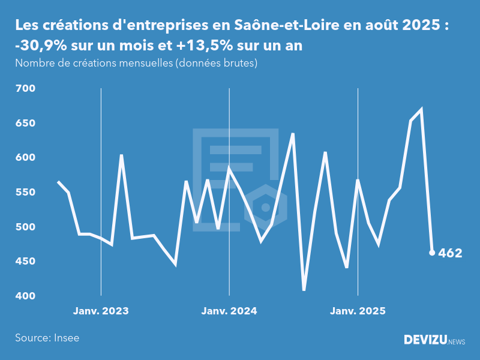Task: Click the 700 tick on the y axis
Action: pyautogui.click(x=26, y=89)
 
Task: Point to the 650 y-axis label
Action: pyautogui.click(x=26, y=124)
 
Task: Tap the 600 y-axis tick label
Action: pyautogui.click(x=26, y=158)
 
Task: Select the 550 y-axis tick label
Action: pyautogui.click(x=26, y=193)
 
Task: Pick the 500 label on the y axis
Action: pyautogui.click(x=26, y=227)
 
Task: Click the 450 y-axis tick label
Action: pyautogui.click(x=26, y=262)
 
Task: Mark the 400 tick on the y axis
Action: pyautogui.click(x=26, y=296)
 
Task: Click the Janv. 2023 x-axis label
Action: pyautogui.click(x=101, y=311)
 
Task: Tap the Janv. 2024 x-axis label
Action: pyautogui.click(x=229, y=311)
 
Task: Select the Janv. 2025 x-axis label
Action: pyautogui.click(x=358, y=311)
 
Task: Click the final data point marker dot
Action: pyautogui.click(x=432, y=253)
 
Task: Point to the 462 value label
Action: pyautogui.click(x=450, y=253)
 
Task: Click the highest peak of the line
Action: pyautogui.click(x=421, y=109)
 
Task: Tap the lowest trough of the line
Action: pyautogui.click(x=304, y=290)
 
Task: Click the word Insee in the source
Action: pyautogui.click(x=67, y=338)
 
